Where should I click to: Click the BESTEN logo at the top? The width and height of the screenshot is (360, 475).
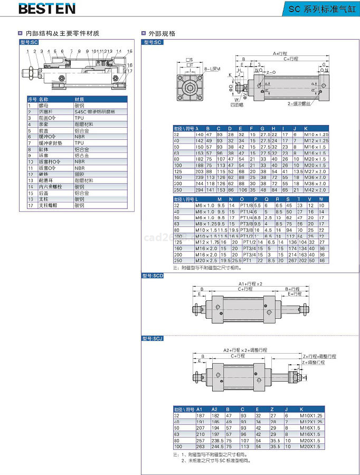[47, 8]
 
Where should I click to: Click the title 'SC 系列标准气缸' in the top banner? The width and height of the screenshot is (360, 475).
[322, 9]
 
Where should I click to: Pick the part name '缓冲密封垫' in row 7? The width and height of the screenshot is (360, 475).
[50, 143]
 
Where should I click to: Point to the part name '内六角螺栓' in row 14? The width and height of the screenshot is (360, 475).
[50, 186]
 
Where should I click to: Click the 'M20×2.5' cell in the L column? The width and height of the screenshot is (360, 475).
[206, 260]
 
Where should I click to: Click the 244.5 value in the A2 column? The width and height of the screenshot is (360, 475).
[216, 446]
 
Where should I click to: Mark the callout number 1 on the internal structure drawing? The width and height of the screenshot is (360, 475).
[27, 51]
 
